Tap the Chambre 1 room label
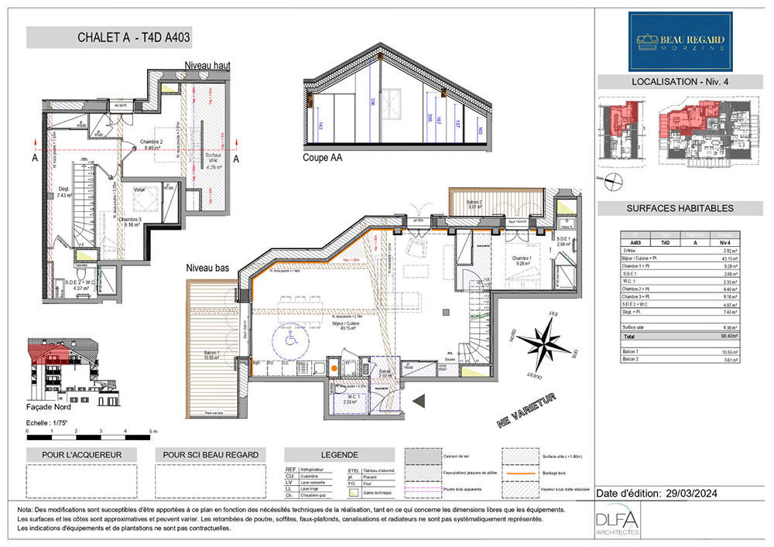[x=521, y=262]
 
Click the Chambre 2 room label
[x=152, y=143]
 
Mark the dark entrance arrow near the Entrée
[x=420, y=401]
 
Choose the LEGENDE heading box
[x=334, y=455]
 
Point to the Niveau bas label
[x=207, y=268]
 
